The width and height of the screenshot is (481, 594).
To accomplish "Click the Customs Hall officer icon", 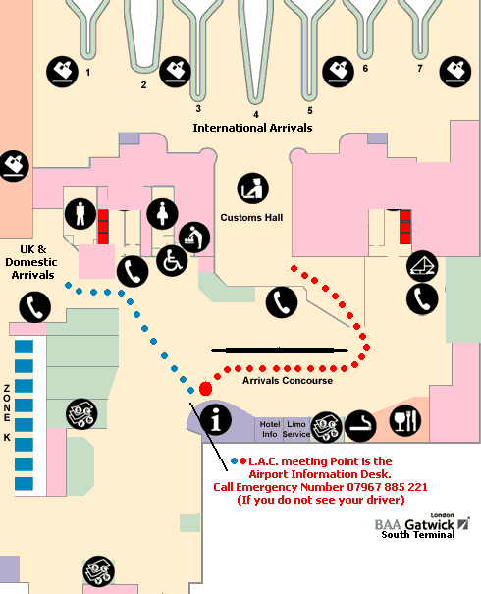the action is (253, 189).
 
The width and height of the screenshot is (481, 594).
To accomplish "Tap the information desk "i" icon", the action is (216, 419).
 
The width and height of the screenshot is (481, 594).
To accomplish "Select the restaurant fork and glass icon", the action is (405, 420).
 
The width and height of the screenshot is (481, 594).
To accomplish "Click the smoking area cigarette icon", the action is (360, 426).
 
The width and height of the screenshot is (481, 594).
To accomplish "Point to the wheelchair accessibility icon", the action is (172, 260).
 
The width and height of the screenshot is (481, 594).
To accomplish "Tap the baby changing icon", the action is (194, 238).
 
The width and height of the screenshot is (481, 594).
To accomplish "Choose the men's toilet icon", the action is (80, 214).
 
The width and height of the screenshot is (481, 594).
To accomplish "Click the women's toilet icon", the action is (163, 214).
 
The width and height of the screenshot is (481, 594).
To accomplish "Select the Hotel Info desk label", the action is (270, 429).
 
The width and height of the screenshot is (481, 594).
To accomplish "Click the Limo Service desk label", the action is (296, 429).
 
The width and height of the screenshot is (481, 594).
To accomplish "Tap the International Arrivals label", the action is (252, 128).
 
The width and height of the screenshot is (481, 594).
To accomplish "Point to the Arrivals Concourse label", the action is (288, 380).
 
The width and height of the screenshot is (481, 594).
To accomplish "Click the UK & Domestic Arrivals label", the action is (31, 262).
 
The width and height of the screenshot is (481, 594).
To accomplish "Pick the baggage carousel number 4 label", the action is (256, 114).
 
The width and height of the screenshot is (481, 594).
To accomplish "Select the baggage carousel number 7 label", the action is (420, 68).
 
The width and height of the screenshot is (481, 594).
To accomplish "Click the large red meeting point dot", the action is (205, 389).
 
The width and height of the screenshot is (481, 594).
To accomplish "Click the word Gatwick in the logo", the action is (429, 524).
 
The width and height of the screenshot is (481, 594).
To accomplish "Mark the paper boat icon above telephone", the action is (422, 266).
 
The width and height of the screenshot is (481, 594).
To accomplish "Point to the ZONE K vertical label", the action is (7, 413).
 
